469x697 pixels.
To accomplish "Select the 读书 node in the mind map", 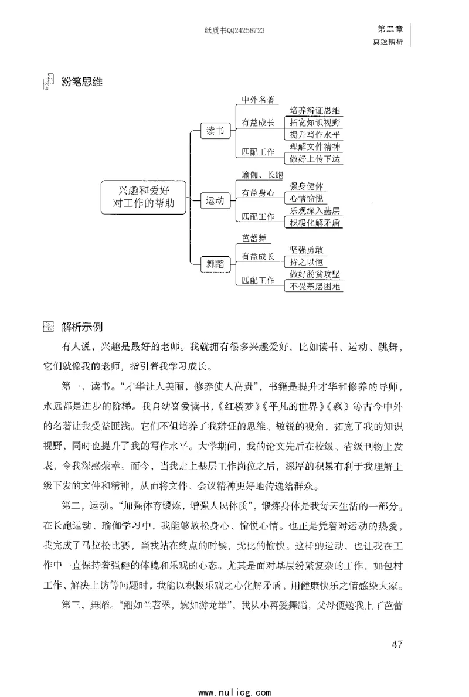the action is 214,131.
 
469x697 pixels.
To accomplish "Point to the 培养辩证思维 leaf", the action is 315,111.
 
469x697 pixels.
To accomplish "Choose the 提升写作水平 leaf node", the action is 315,134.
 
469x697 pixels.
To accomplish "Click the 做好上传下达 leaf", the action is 315,158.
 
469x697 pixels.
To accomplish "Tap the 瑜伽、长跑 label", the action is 263,175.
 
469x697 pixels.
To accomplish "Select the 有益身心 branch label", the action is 259,192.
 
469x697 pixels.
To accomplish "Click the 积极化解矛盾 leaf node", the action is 315,222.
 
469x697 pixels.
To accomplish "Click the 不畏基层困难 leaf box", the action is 315,286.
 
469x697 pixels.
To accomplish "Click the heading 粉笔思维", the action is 81,81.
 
